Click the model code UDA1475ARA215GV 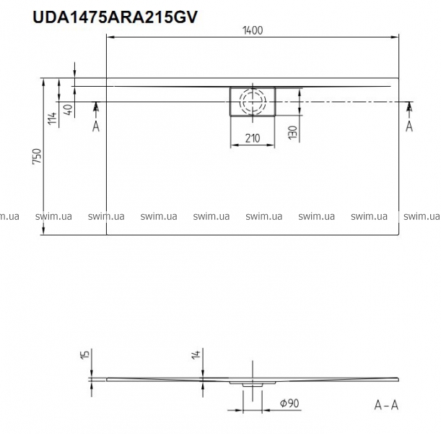pos(115,17)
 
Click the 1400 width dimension pos(253,30)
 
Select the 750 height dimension pos(37,156)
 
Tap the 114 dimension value pos(52,119)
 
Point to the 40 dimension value pos(68,110)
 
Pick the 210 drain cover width pos(253,138)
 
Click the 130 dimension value pos(293,132)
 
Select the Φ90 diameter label pos(289,404)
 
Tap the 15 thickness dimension pos(85,354)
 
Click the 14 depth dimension pos(196,354)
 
